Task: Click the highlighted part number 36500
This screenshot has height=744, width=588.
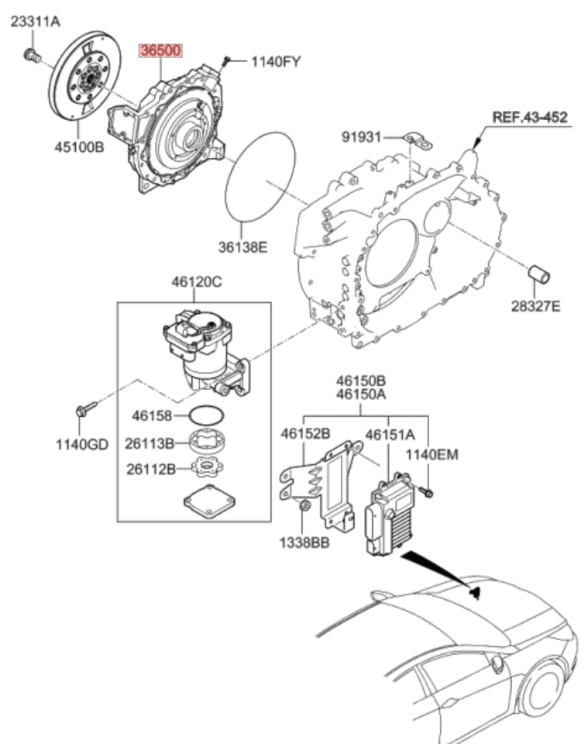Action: tap(160, 51)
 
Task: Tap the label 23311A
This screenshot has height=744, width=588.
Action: tap(34, 22)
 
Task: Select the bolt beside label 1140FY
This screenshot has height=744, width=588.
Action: tap(225, 60)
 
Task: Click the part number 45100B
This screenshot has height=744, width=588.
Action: tap(77, 146)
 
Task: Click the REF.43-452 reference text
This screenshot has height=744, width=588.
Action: tap(530, 118)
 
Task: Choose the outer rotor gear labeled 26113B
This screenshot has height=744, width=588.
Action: tap(208, 444)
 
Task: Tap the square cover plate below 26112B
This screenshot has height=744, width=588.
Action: tap(209, 500)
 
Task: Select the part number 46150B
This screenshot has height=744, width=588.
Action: tap(361, 381)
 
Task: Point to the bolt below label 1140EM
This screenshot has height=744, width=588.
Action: tap(428, 490)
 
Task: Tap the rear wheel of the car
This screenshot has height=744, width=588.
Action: tap(542, 690)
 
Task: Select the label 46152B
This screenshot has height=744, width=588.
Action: tap(305, 433)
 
